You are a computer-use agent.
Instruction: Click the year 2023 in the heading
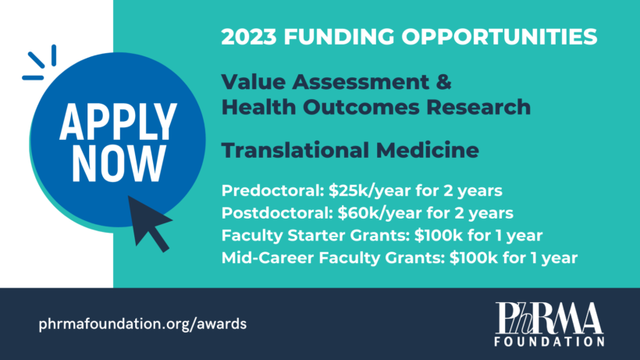tap(249, 37)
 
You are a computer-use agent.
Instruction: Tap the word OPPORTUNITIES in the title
tap(500, 37)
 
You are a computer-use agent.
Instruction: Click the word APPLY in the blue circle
tap(118, 122)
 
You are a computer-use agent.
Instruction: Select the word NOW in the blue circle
tap(119, 163)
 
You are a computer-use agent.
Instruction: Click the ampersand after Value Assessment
tap(443, 82)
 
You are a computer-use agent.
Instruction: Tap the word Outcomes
tap(361, 107)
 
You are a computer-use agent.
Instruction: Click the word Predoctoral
tap(272, 191)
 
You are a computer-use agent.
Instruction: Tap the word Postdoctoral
tap(277, 213)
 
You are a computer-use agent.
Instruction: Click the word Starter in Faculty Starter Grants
tap(316, 236)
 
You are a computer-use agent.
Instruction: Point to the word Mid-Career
tap(268, 258)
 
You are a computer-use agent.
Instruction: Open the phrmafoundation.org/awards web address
tap(143, 324)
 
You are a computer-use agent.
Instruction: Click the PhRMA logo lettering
tap(549, 318)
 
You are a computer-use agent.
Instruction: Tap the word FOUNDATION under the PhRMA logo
tap(549, 340)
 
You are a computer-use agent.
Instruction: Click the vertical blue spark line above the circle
tap(54, 55)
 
